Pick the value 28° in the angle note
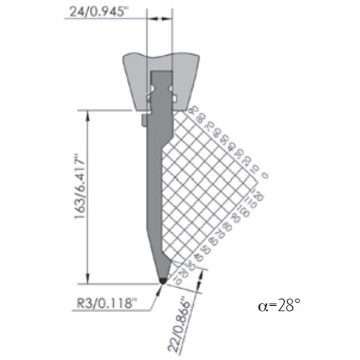(x=288, y=306)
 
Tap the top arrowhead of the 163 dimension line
(x=90, y=113)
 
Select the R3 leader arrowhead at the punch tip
(x=158, y=287)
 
